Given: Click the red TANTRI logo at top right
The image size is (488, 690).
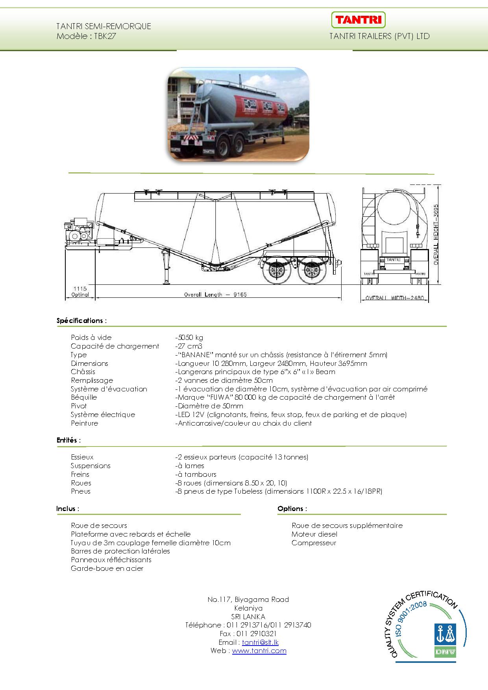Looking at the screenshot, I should coord(358,20).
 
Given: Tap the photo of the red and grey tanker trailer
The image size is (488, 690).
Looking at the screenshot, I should coord(238,114).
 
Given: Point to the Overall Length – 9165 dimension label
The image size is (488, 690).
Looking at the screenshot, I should coord(215,294).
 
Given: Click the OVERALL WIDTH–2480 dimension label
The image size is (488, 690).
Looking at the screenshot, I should coord(394,298).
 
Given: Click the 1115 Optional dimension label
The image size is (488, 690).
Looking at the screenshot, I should coord(80,291).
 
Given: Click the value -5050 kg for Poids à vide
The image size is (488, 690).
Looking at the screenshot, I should coord(189,338).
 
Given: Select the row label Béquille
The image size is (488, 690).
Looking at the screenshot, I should coord(84,397).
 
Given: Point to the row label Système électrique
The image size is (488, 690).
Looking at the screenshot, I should coord(103,415).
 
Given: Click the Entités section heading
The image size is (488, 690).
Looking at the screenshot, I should coord(68,440).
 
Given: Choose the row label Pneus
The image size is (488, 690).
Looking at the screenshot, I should coord(81,491).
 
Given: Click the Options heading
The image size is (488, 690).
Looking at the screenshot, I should coord(292,509).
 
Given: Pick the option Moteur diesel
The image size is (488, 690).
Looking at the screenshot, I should coord(314,534).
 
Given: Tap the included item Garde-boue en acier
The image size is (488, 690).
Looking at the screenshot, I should coord(107,568).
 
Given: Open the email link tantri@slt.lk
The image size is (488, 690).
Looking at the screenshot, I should coord(260,642).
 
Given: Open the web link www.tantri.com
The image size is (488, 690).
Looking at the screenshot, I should coord(259,651).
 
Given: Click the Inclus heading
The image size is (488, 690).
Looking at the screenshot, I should coord(68,509).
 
